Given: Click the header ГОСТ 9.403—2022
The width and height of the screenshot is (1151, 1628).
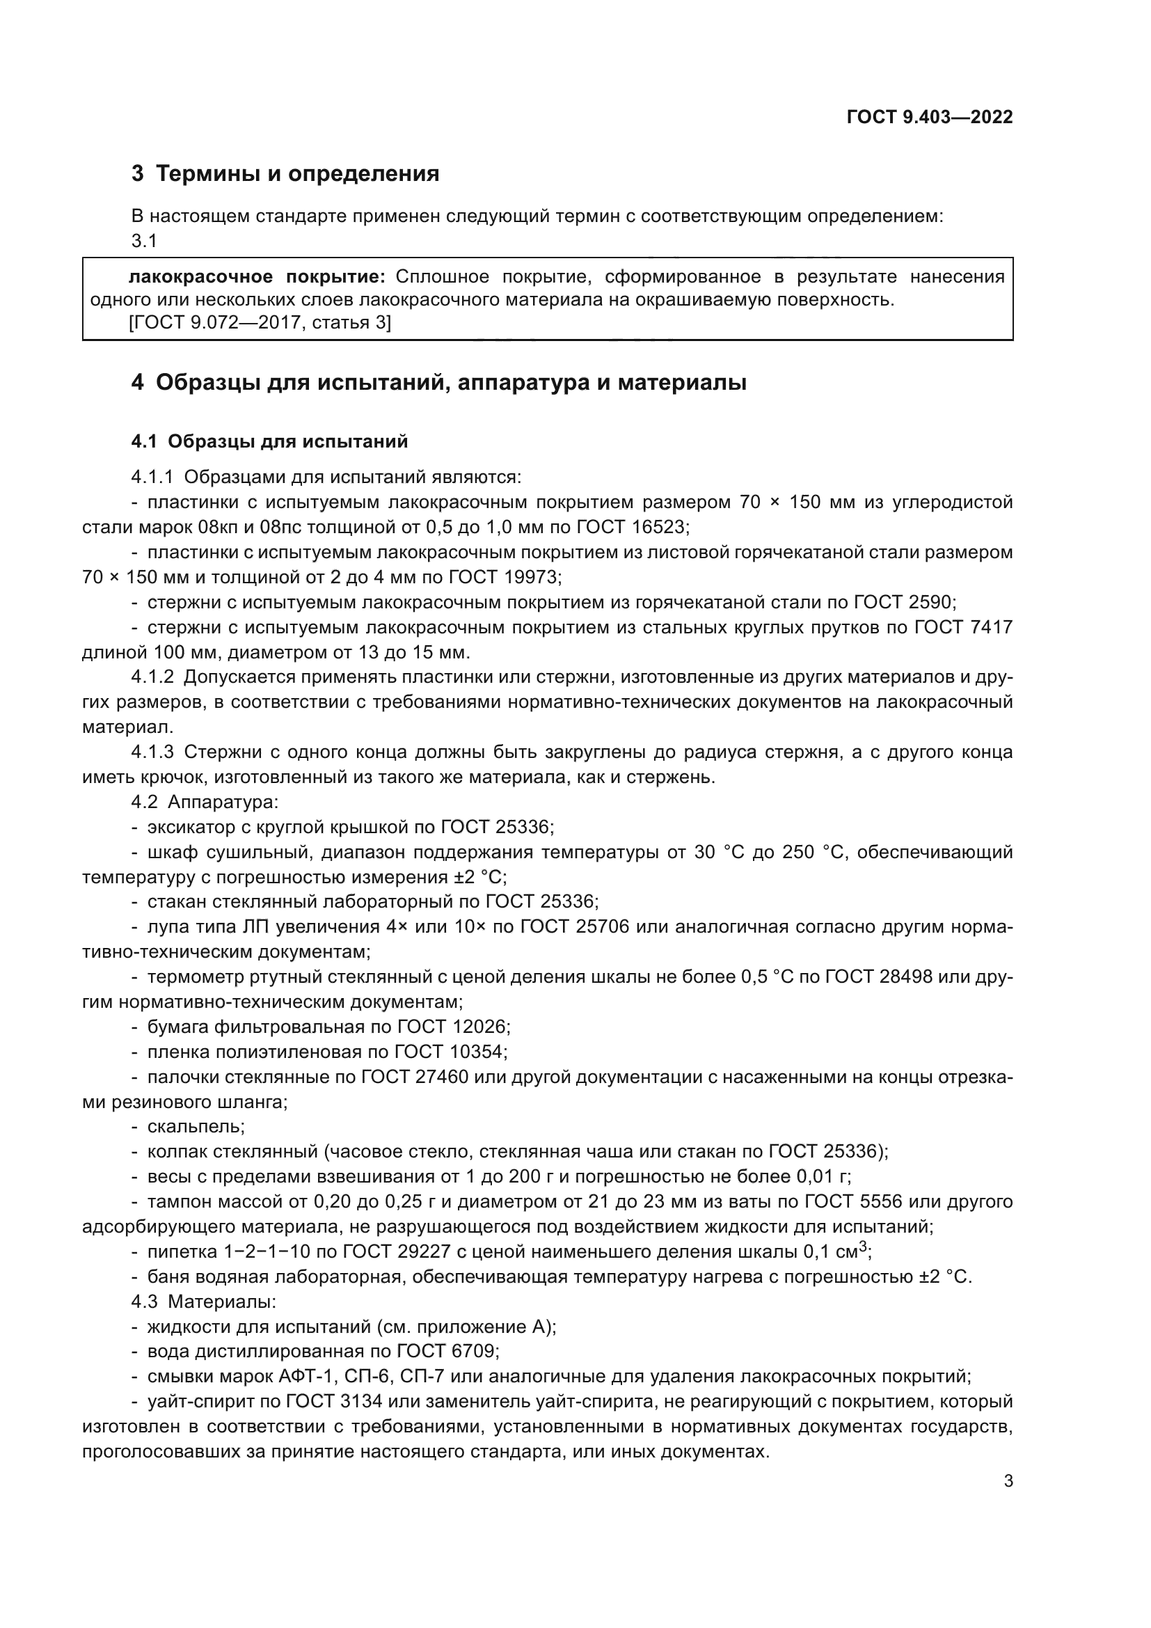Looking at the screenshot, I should tap(929, 118).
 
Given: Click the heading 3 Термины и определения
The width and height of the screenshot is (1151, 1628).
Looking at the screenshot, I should tap(285, 174).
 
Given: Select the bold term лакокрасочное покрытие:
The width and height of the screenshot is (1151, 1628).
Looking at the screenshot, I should tap(257, 276).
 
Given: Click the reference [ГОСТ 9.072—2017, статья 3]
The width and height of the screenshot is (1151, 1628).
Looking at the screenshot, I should tap(260, 323).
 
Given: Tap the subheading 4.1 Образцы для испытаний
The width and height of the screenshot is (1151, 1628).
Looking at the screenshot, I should tap(269, 442).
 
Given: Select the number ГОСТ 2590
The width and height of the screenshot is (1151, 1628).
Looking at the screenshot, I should tap(905, 603).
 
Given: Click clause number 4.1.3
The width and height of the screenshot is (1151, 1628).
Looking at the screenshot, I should tap(152, 752).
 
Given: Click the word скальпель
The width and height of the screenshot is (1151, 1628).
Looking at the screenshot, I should tap(195, 1127).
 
